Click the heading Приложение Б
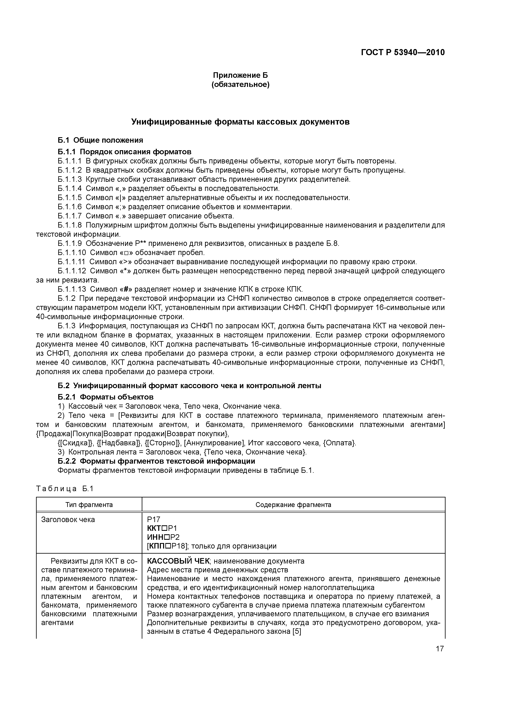tap(240, 75)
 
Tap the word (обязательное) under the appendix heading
tap(240, 85)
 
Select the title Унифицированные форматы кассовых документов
tap(240, 122)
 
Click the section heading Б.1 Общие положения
tap(101, 140)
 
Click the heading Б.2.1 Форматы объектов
tap(105, 397)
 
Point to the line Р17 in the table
tap(153, 519)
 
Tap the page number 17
tap(440, 649)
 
